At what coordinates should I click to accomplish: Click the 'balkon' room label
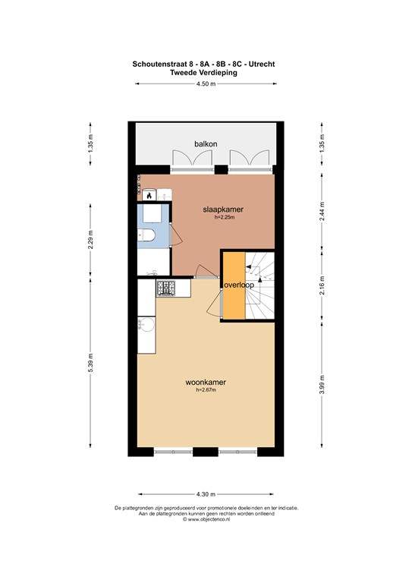[x=206, y=144]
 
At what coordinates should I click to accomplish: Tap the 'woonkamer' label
[x=206, y=383]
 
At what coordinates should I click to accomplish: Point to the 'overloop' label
[x=238, y=285]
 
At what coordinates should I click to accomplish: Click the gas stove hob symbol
[x=166, y=288]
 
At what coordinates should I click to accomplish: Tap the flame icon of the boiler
[x=149, y=196]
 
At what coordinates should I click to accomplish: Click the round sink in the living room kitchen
[x=146, y=326]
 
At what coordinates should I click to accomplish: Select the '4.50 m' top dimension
[x=206, y=84]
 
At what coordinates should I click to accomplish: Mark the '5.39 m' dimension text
[x=91, y=365]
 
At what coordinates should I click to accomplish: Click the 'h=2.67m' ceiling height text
[x=206, y=391]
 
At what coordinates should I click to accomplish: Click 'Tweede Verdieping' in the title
[x=206, y=73]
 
